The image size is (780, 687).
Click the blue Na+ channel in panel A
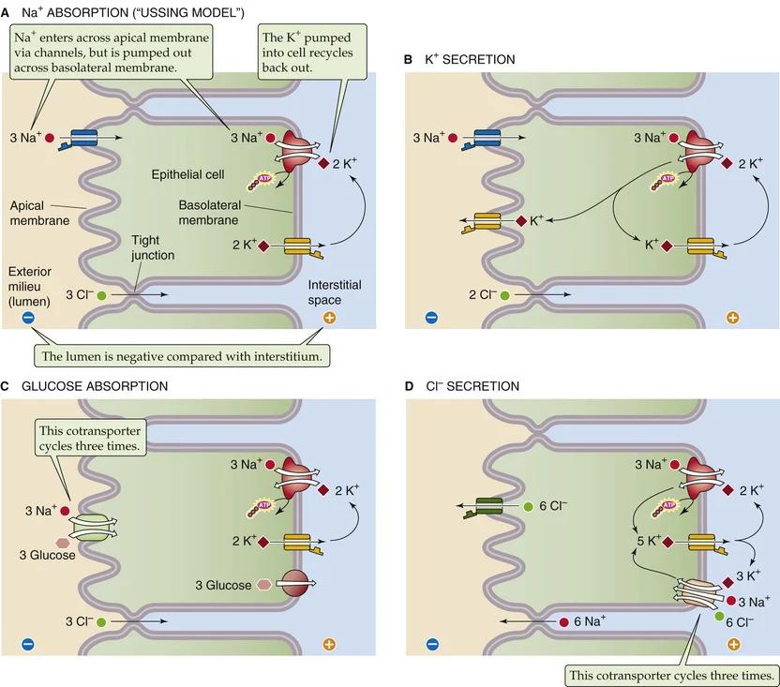(83, 138)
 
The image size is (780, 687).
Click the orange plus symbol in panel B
(732, 318)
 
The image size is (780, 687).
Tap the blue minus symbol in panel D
(431, 644)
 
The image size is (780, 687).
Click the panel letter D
(408, 385)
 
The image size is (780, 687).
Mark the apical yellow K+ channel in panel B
(487, 221)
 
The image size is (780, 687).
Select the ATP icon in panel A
(258, 181)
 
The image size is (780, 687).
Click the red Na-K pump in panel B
(696, 149)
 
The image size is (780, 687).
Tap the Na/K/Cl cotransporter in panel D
(694, 590)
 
